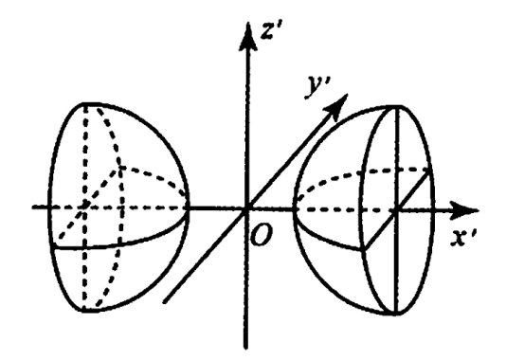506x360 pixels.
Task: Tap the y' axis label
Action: tap(317, 86)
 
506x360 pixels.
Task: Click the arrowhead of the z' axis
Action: tap(247, 36)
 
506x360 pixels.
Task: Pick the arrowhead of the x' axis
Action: tap(463, 210)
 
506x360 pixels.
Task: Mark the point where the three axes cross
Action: tap(247, 209)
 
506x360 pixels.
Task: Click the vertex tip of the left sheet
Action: tap(188, 207)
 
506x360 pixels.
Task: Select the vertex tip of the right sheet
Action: tap(295, 209)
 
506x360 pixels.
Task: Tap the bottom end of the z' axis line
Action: tap(246, 348)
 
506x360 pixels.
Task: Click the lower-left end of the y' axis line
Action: tap(165, 302)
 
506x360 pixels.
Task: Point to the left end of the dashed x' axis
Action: tap(33, 207)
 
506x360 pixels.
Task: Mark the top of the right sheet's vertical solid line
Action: tap(397, 107)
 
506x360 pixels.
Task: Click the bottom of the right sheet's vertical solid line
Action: tap(396, 314)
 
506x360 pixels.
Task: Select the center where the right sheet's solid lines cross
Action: tap(396, 211)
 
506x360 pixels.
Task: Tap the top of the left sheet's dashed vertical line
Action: tap(84, 104)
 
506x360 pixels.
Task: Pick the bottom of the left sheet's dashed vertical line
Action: tap(84, 311)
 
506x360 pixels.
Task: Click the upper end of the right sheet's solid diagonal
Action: tap(429, 172)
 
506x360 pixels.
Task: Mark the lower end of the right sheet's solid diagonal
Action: tap(365, 248)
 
